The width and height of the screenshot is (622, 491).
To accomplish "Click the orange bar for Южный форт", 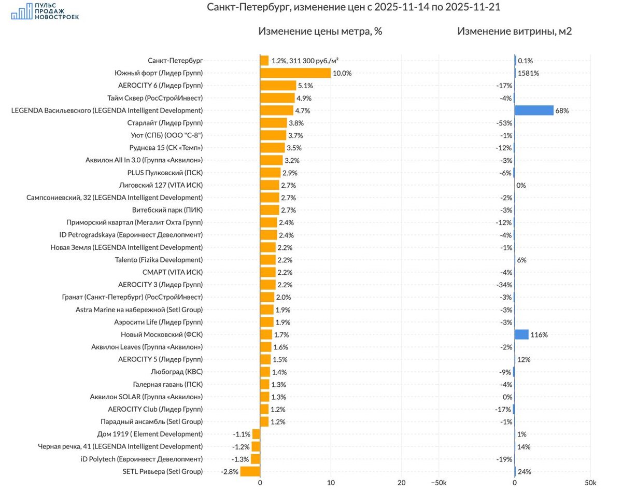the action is click(295, 73).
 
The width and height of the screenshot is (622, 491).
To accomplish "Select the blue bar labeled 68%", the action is click(534, 110).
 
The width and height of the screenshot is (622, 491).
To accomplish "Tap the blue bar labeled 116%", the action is click(521, 334).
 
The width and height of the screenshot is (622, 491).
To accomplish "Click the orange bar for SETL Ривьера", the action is click(250, 471).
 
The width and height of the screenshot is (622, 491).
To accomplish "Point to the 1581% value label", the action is click(528, 73).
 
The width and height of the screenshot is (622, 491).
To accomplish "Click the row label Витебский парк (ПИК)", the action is click(167, 210).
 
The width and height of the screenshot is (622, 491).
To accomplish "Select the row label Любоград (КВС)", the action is click(177, 372).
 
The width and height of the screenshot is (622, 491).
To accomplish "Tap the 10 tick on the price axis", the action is click(331, 483).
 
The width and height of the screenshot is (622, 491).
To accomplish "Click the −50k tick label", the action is click(439, 483).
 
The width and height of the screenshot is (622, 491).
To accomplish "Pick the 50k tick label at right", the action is click(590, 483).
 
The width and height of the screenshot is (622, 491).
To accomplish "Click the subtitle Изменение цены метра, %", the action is click(320, 31).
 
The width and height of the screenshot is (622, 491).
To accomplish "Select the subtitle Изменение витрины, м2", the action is click(515, 31).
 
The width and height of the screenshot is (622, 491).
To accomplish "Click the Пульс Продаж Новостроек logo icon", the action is click(22, 11).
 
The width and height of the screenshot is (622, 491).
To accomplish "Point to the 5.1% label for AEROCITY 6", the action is click(305, 86).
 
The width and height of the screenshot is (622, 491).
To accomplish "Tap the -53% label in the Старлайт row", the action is click(504, 123).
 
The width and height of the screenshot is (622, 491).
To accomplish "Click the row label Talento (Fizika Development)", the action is click(159, 260).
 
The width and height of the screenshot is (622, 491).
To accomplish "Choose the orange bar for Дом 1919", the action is click(256, 434).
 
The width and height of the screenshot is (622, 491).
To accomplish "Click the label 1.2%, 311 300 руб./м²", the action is click(305, 61).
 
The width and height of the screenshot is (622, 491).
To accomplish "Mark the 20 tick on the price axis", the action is click(402, 483).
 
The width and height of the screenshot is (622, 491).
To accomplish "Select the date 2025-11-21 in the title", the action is click(473, 7).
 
